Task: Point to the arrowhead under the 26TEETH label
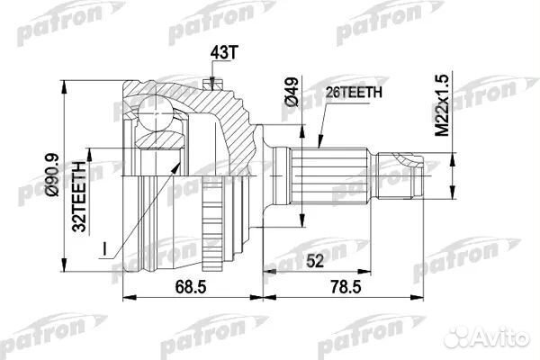point(320,139)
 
